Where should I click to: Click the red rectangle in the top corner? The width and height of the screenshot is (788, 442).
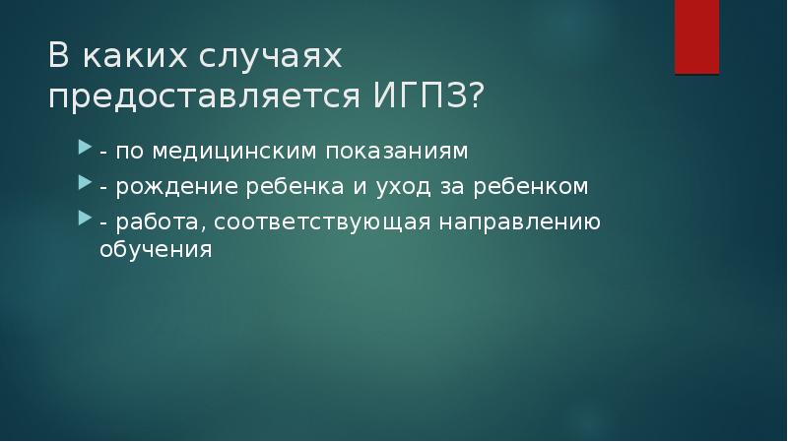696,36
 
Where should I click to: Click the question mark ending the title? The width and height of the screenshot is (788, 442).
476,98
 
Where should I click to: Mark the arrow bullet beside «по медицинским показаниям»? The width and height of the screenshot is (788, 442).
85,153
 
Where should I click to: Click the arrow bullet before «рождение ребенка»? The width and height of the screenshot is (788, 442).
85,184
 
